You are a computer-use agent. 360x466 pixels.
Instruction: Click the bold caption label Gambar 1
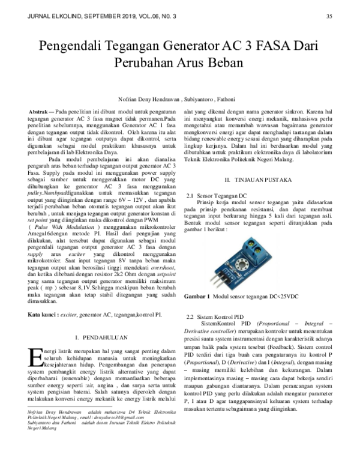(196, 296)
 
